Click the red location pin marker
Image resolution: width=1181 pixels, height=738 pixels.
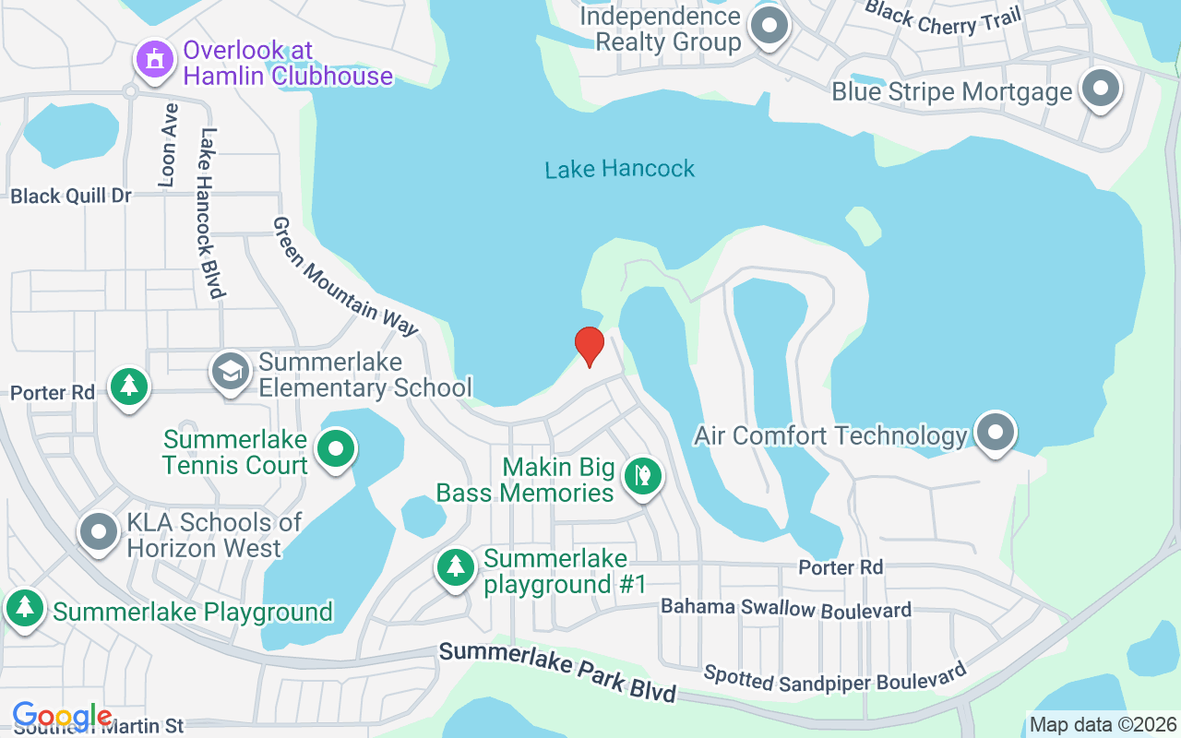(x=589, y=346)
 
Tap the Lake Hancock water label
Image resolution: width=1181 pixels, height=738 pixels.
(x=619, y=169)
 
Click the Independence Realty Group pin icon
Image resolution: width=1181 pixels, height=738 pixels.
(x=768, y=26)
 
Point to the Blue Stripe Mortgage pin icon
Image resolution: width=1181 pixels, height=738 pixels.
(x=1099, y=89)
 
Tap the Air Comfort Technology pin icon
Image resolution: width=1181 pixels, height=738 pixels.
(x=994, y=432)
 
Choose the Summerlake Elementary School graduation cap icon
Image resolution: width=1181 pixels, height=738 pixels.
(x=230, y=371)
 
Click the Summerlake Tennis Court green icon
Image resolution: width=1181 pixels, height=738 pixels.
(x=337, y=449)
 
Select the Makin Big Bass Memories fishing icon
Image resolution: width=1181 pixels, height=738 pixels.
(x=642, y=476)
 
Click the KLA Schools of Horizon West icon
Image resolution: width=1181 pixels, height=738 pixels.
(x=99, y=531)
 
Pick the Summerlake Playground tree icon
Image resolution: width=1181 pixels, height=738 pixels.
(x=25, y=608)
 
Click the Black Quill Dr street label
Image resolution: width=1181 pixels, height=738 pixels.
(x=71, y=196)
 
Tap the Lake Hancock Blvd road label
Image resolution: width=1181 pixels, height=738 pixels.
(x=211, y=213)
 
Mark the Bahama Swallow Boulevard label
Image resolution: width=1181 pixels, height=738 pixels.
(x=786, y=609)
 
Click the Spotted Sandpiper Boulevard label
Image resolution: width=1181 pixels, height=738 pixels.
(x=835, y=677)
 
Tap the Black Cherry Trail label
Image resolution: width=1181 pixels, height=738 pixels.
(x=943, y=18)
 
